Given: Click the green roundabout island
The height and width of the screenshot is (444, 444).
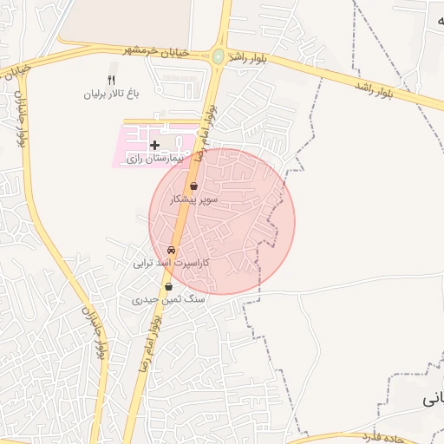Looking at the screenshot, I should click(218, 57).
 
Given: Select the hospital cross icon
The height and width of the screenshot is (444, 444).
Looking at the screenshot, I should click(154, 145).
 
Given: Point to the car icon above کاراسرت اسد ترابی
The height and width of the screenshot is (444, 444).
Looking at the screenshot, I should click(170, 249).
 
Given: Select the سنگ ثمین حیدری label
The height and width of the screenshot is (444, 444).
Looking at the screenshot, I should click(168, 298).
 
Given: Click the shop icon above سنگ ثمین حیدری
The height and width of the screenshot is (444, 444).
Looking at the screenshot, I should click(168, 286).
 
